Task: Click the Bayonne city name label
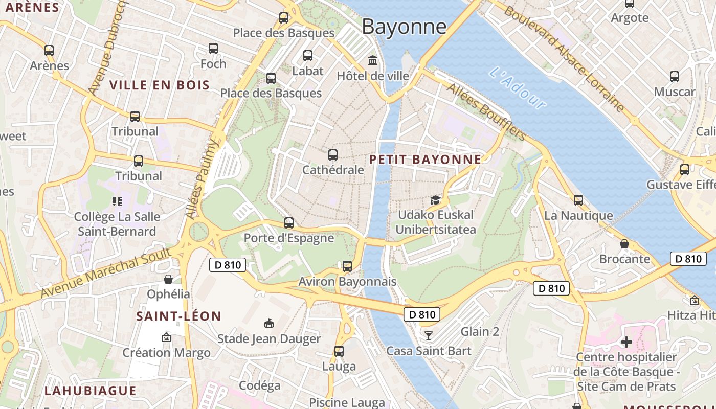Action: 404,27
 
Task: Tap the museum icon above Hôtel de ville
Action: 373,61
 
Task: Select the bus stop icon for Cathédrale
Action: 333,154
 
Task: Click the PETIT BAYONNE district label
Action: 425,160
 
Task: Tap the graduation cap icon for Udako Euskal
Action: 435,199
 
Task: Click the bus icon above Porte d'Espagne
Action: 289,223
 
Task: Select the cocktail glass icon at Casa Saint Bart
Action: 429,336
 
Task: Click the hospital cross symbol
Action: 626,342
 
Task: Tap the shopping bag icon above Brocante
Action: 624,244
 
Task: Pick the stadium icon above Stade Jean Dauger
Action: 269,323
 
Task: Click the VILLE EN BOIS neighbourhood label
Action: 160,85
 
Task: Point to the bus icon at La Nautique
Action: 578,200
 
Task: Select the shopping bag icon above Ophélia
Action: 168,279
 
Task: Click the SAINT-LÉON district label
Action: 178,316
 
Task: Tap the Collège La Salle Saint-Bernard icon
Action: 117,201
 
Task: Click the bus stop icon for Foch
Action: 213,49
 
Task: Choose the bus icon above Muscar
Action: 675,77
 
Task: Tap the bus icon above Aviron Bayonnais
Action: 347,266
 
